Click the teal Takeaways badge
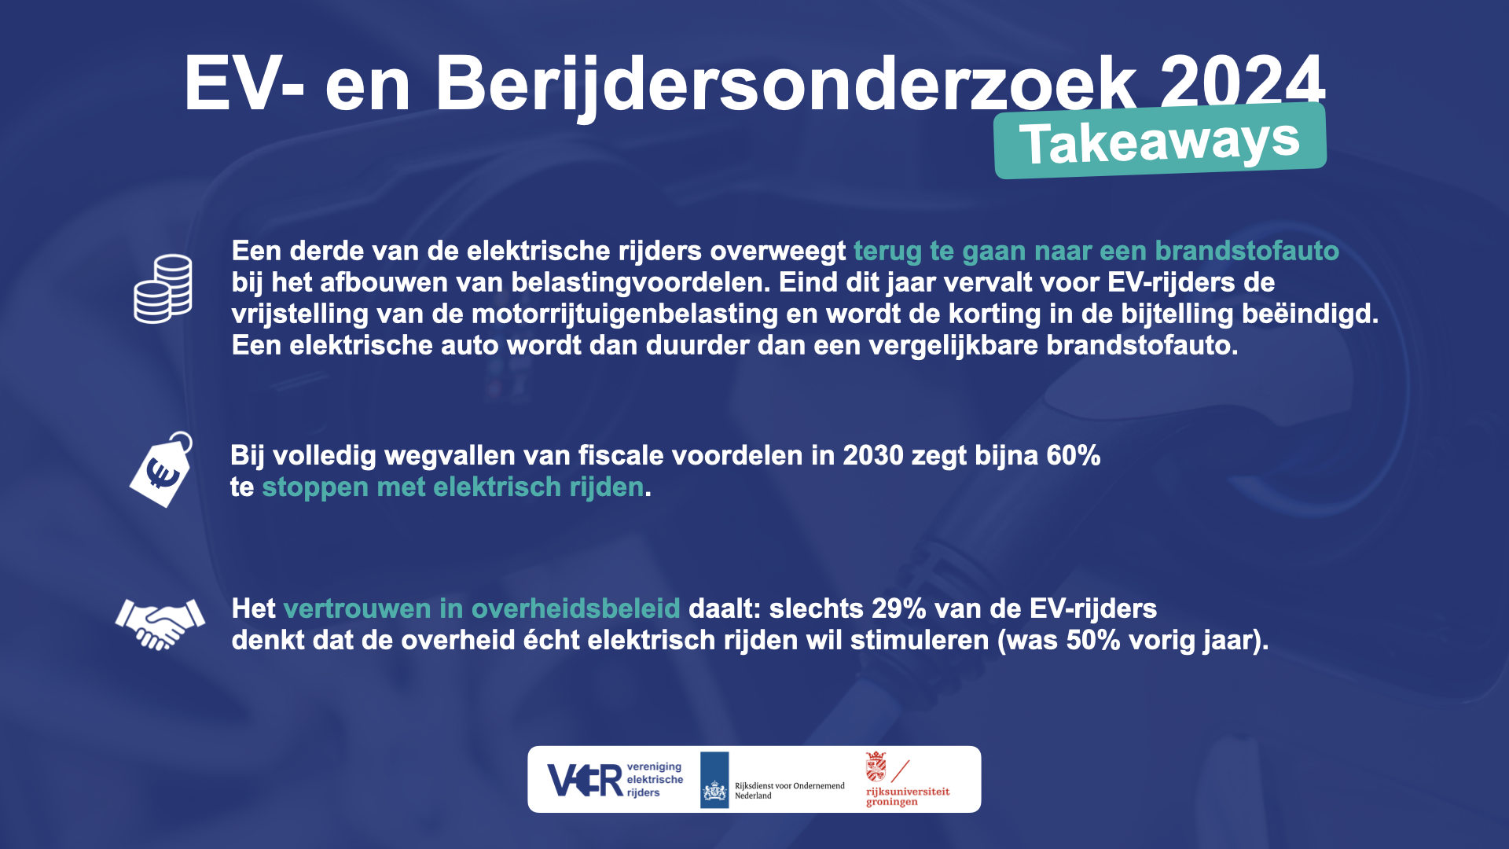click(x=1160, y=141)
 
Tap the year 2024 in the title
click(x=1243, y=83)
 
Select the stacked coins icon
click(x=163, y=289)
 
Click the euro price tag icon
click(x=162, y=469)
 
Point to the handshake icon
click(x=160, y=623)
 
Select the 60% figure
click(x=1074, y=455)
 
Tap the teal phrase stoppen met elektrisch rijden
click(x=453, y=487)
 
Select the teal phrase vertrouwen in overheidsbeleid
click(x=482, y=608)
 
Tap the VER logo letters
click(x=586, y=781)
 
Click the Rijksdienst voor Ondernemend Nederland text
click(x=790, y=791)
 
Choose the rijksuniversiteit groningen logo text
click(x=908, y=796)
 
